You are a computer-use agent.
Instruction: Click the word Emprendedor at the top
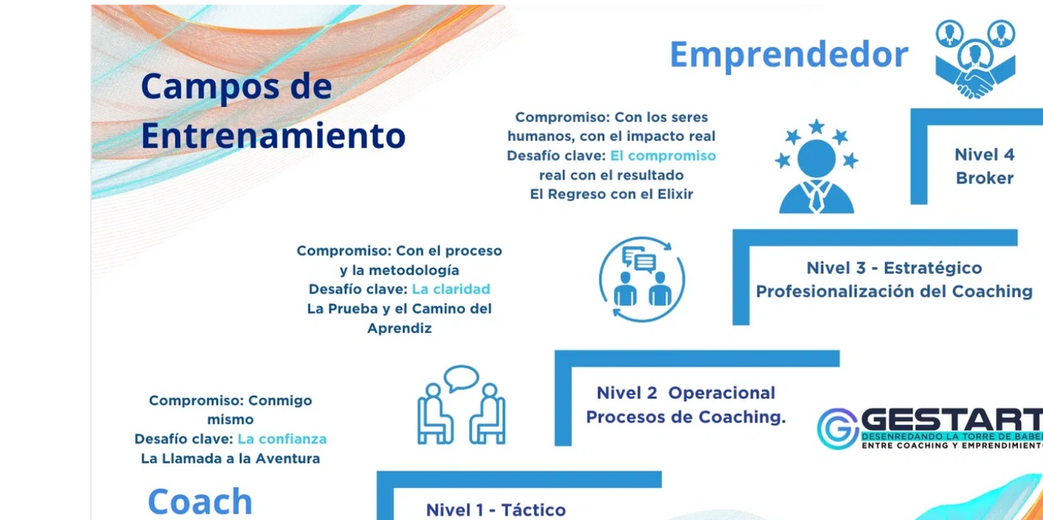tap(789, 55)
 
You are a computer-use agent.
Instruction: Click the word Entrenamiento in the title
tap(273, 135)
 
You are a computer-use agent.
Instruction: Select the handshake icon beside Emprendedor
tap(976, 59)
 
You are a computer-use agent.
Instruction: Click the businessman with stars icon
tap(816, 166)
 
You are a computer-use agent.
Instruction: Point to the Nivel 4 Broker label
tap(984, 166)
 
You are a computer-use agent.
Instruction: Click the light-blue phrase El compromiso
tap(663, 155)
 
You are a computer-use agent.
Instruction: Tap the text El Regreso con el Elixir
tap(612, 194)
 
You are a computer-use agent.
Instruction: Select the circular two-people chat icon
tap(642, 279)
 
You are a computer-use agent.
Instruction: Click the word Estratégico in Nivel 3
tap(933, 268)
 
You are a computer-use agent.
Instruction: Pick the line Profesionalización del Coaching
tap(894, 292)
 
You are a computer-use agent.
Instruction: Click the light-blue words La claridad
tap(451, 289)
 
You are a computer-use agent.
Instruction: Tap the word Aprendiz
tap(400, 328)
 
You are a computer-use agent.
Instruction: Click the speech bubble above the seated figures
tap(461, 378)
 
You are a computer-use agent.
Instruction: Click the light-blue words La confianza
tap(282, 439)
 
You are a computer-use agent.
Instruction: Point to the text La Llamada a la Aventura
tap(230, 459)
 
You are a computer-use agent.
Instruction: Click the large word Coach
tap(200, 502)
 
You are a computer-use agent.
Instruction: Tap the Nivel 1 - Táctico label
tap(496, 510)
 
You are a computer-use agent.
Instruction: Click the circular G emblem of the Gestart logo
tap(838, 428)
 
